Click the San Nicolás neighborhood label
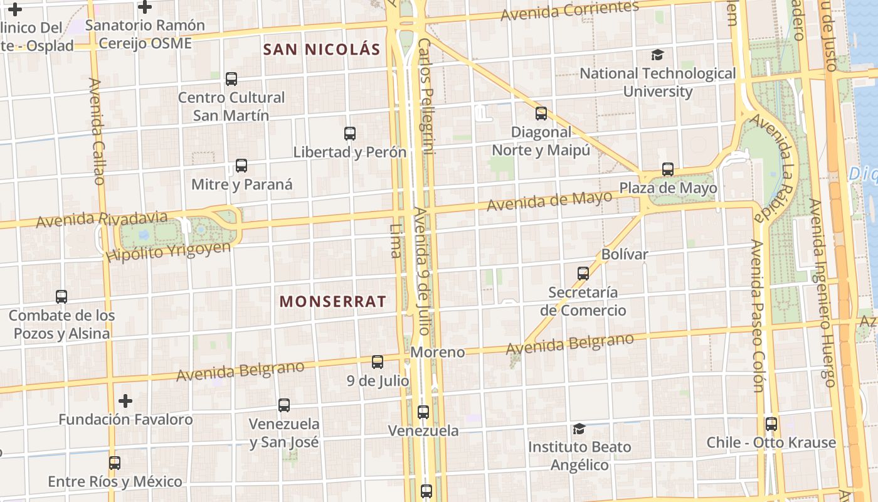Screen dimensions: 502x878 click(x=322, y=50)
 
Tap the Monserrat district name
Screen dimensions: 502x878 click(x=332, y=301)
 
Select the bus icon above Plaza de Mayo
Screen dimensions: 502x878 click(x=668, y=169)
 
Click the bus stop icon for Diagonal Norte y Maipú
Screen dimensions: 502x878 click(x=541, y=114)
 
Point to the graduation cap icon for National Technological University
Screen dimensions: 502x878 click(x=657, y=55)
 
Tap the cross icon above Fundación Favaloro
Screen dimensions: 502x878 click(x=125, y=400)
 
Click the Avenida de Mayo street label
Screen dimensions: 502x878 click(x=549, y=201)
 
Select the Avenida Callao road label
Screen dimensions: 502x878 click(x=97, y=131)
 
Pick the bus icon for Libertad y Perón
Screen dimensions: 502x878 click(x=350, y=134)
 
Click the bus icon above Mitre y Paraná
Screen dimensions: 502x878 click(x=241, y=166)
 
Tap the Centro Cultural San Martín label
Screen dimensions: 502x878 click(x=231, y=107)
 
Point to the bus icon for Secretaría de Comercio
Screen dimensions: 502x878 click(x=583, y=274)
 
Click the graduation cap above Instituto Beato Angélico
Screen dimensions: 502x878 click(x=579, y=429)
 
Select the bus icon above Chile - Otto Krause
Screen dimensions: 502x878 click(x=771, y=424)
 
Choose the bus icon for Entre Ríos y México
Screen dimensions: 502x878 click(x=114, y=463)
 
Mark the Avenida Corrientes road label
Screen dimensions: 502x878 click(x=569, y=11)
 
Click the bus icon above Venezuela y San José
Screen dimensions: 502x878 click(x=284, y=405)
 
